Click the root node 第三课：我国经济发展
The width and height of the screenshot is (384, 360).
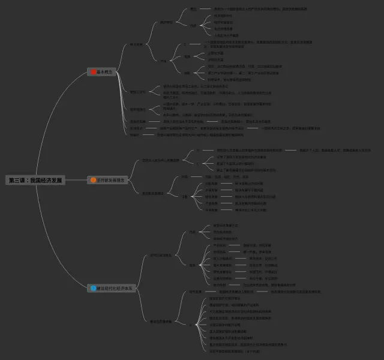click(x=35, y=180)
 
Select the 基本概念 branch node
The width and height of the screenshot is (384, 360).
click(x=104, y=72)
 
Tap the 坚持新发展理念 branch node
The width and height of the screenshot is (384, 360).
click(x=110, y=179)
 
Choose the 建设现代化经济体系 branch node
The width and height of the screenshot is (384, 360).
click(x=114, y=289)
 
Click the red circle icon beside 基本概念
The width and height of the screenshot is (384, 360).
click(x=93, y=72)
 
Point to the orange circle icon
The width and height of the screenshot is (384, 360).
click(x=93, y=179)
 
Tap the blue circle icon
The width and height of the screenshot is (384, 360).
click(x=93, y=289)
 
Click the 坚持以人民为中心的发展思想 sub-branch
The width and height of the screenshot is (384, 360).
click(x=160, y=160)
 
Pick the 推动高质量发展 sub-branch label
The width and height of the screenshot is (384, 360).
click(x=161, y=321)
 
